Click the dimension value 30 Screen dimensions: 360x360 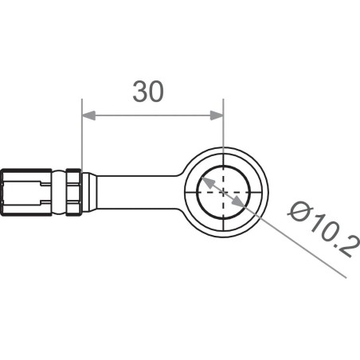tap(148, 92)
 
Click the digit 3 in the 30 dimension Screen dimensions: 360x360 tap(139, 92)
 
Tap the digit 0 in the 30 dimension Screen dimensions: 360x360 tap(157, 92)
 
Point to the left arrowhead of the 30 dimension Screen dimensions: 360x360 tap(88, 116)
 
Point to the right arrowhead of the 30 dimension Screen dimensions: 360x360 tap(217, 116)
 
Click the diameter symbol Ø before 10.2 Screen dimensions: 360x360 tap(299, 212)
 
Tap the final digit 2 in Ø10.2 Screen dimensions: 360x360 tap(344, 248)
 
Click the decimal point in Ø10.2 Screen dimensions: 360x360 tap(335, 237)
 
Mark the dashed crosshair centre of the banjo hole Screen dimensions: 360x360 tap(224, 194)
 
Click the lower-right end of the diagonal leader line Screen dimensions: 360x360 tap(346, 276)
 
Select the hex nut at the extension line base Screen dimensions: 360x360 tap(74, 191)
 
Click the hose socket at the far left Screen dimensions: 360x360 tap(24, 192)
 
